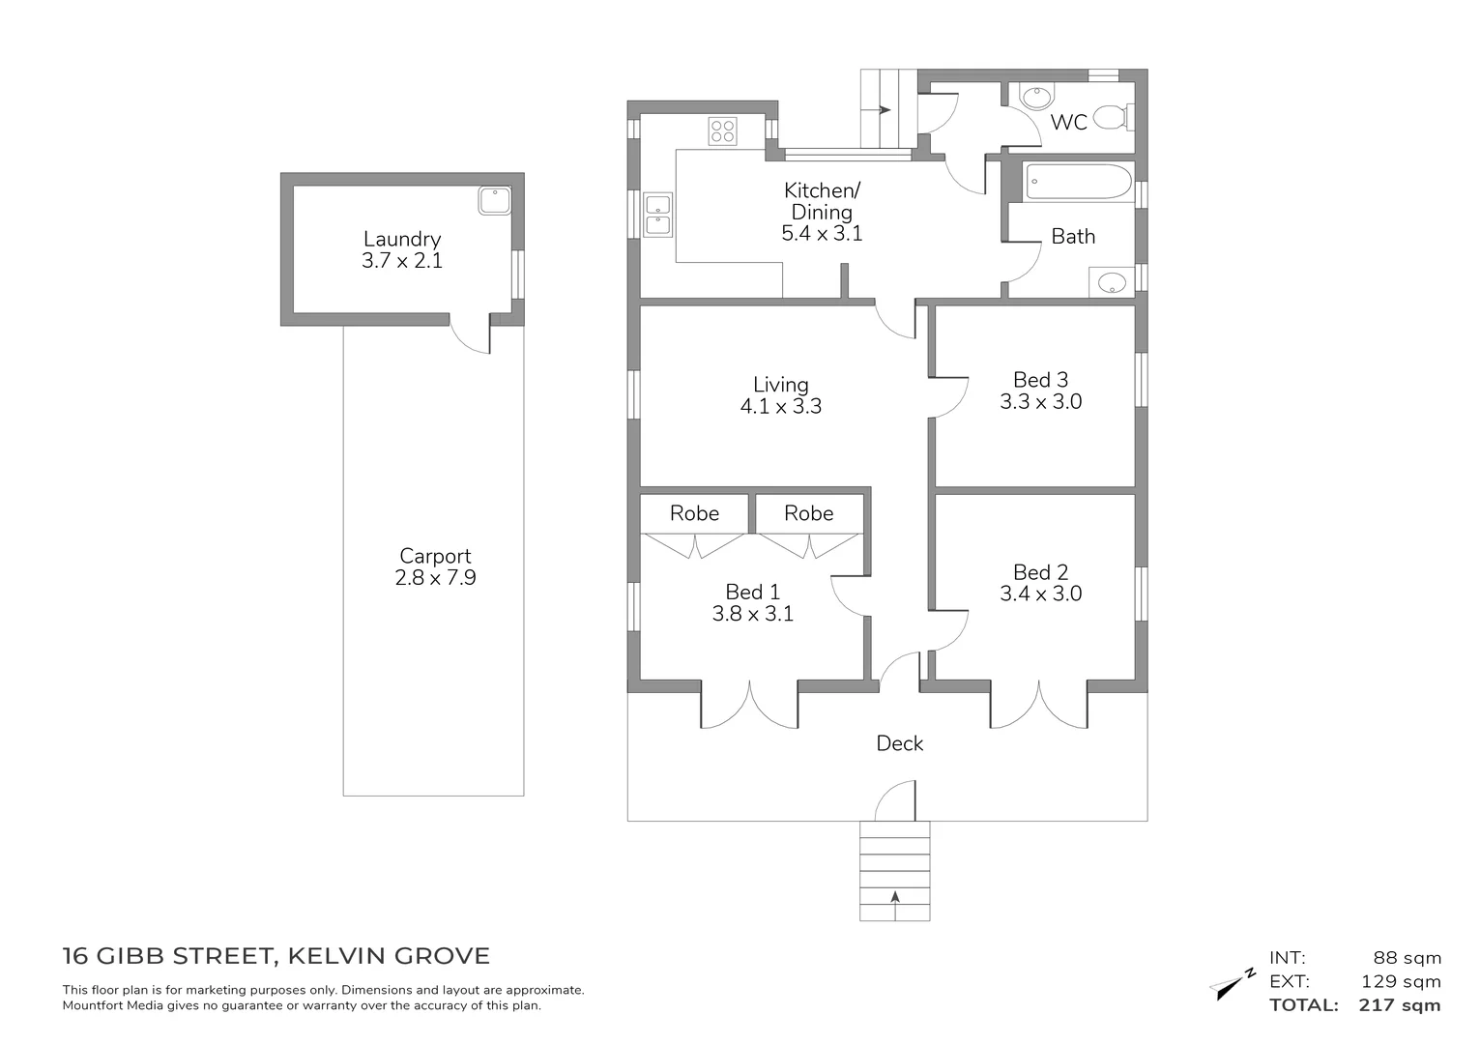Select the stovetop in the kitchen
click(722, 130)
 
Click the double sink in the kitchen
click(658, 215)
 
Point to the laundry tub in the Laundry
click(493, 200)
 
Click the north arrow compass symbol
click(1231, 984)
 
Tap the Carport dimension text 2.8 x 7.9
click(435, 578)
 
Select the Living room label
click(780, 385)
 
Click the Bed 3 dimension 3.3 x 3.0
click(1040, 402)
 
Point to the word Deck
click(899, 743)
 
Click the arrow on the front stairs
click(895, 898)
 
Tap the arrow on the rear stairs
click(884, 110)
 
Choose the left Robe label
click(694, 513)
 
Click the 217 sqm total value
click(1399, 1005)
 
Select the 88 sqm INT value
click(1407, 958)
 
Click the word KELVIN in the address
click(330, 956)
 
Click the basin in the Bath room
click(1113, 283)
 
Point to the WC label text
click(1068, 123)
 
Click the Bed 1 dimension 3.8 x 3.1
click(752, 614)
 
